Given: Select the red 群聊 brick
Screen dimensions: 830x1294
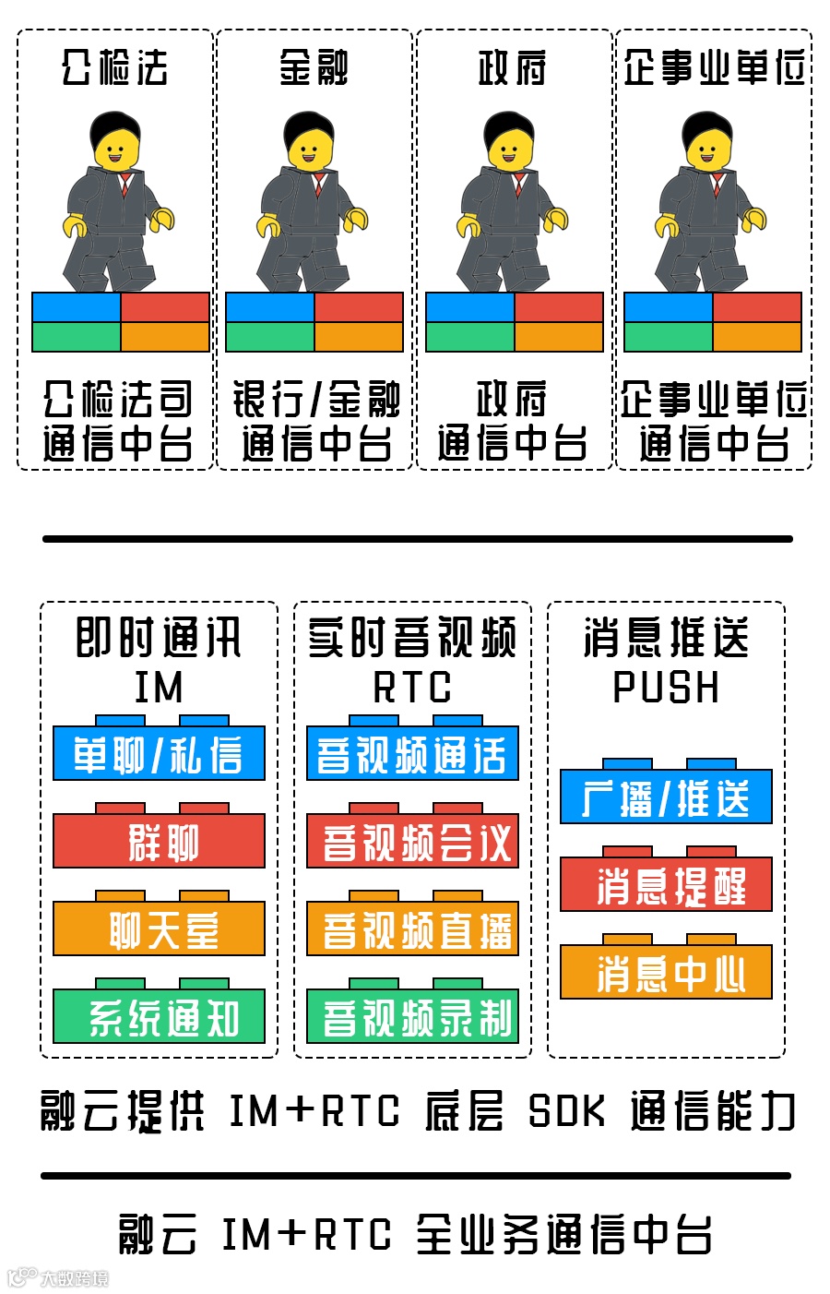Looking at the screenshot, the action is pyautogui.click(x=159, y=841).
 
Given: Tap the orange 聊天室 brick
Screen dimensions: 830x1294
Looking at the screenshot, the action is pyautogui.click(x=159, y=929).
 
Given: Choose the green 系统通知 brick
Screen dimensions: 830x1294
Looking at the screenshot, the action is pyautogui.click(x=159, y=1016).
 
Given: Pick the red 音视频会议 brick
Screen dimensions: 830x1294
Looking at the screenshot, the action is pyautogui.click(x=412, y=841).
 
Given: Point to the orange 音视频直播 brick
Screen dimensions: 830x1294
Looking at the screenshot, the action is pyautogui.click(x=412, y=929).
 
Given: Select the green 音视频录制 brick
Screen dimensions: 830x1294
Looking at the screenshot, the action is pyautogui.click(x=412, y=1016).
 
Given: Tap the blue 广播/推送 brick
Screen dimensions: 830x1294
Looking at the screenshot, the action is pyautogui.click(x=666, y=797).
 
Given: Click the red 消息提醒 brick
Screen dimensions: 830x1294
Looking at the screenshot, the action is pyautogui.click(x=666, y=885).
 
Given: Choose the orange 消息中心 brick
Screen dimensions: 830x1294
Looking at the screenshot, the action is pyautogui.click(x=666, y=972).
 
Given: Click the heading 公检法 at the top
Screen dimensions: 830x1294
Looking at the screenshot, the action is pyautogui.click(x=115, y=66).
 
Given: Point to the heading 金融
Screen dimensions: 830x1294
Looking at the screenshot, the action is pyautogui.click(x=314, y=66).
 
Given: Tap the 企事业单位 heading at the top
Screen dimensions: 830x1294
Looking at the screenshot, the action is pyautogui.click(x=714, y=66).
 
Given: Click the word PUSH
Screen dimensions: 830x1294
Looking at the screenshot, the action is pyautogui.click(x=666, y=688).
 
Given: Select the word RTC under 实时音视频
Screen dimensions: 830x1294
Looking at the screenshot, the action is pyautogui.click(x=412, y=688).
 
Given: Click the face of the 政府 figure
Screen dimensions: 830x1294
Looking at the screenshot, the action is pyautogui.click(x=510, y=149).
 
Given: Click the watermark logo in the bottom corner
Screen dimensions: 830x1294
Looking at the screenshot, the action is pyautogui.click(x=22, y=1277).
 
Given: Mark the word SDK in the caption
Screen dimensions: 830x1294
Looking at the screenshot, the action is pyautogui.click(x=567, y=1110).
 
